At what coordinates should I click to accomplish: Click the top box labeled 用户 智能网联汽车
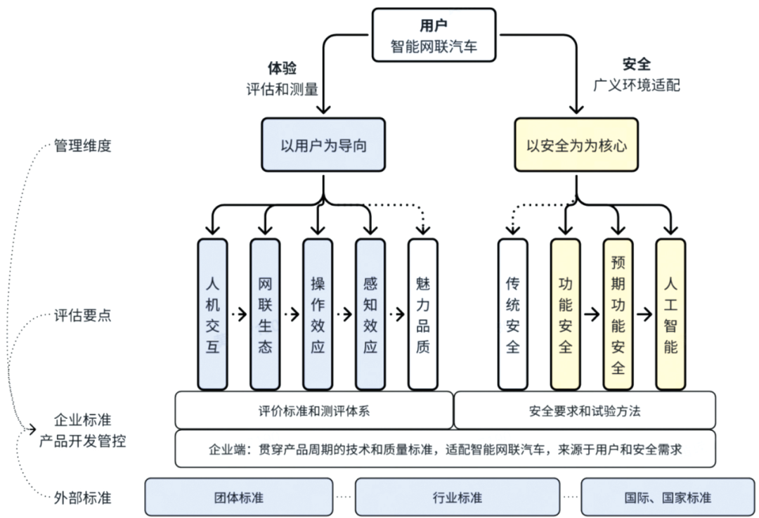click(434, 35)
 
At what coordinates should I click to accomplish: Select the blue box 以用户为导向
click(323, 145)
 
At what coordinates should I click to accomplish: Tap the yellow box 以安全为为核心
click(576, 145)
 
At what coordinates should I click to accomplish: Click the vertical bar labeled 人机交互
click(212, 314)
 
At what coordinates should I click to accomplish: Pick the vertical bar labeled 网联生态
click(265, 314)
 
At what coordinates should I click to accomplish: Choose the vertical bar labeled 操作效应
click(318, 314)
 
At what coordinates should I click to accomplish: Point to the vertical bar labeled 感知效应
click(370, 314)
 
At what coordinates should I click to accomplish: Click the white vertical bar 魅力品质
click(422, 314)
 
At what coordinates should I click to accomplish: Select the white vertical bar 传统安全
click(512, 314)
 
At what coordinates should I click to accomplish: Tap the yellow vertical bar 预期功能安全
click(618, 314)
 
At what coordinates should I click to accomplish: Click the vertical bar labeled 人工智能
click(670, 314)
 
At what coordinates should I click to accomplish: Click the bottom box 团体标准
click(239, 497)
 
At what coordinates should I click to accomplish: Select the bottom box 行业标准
click(458, 497)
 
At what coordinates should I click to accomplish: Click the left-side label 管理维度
click(83, 146)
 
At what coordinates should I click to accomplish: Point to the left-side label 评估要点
click(83, 315)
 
